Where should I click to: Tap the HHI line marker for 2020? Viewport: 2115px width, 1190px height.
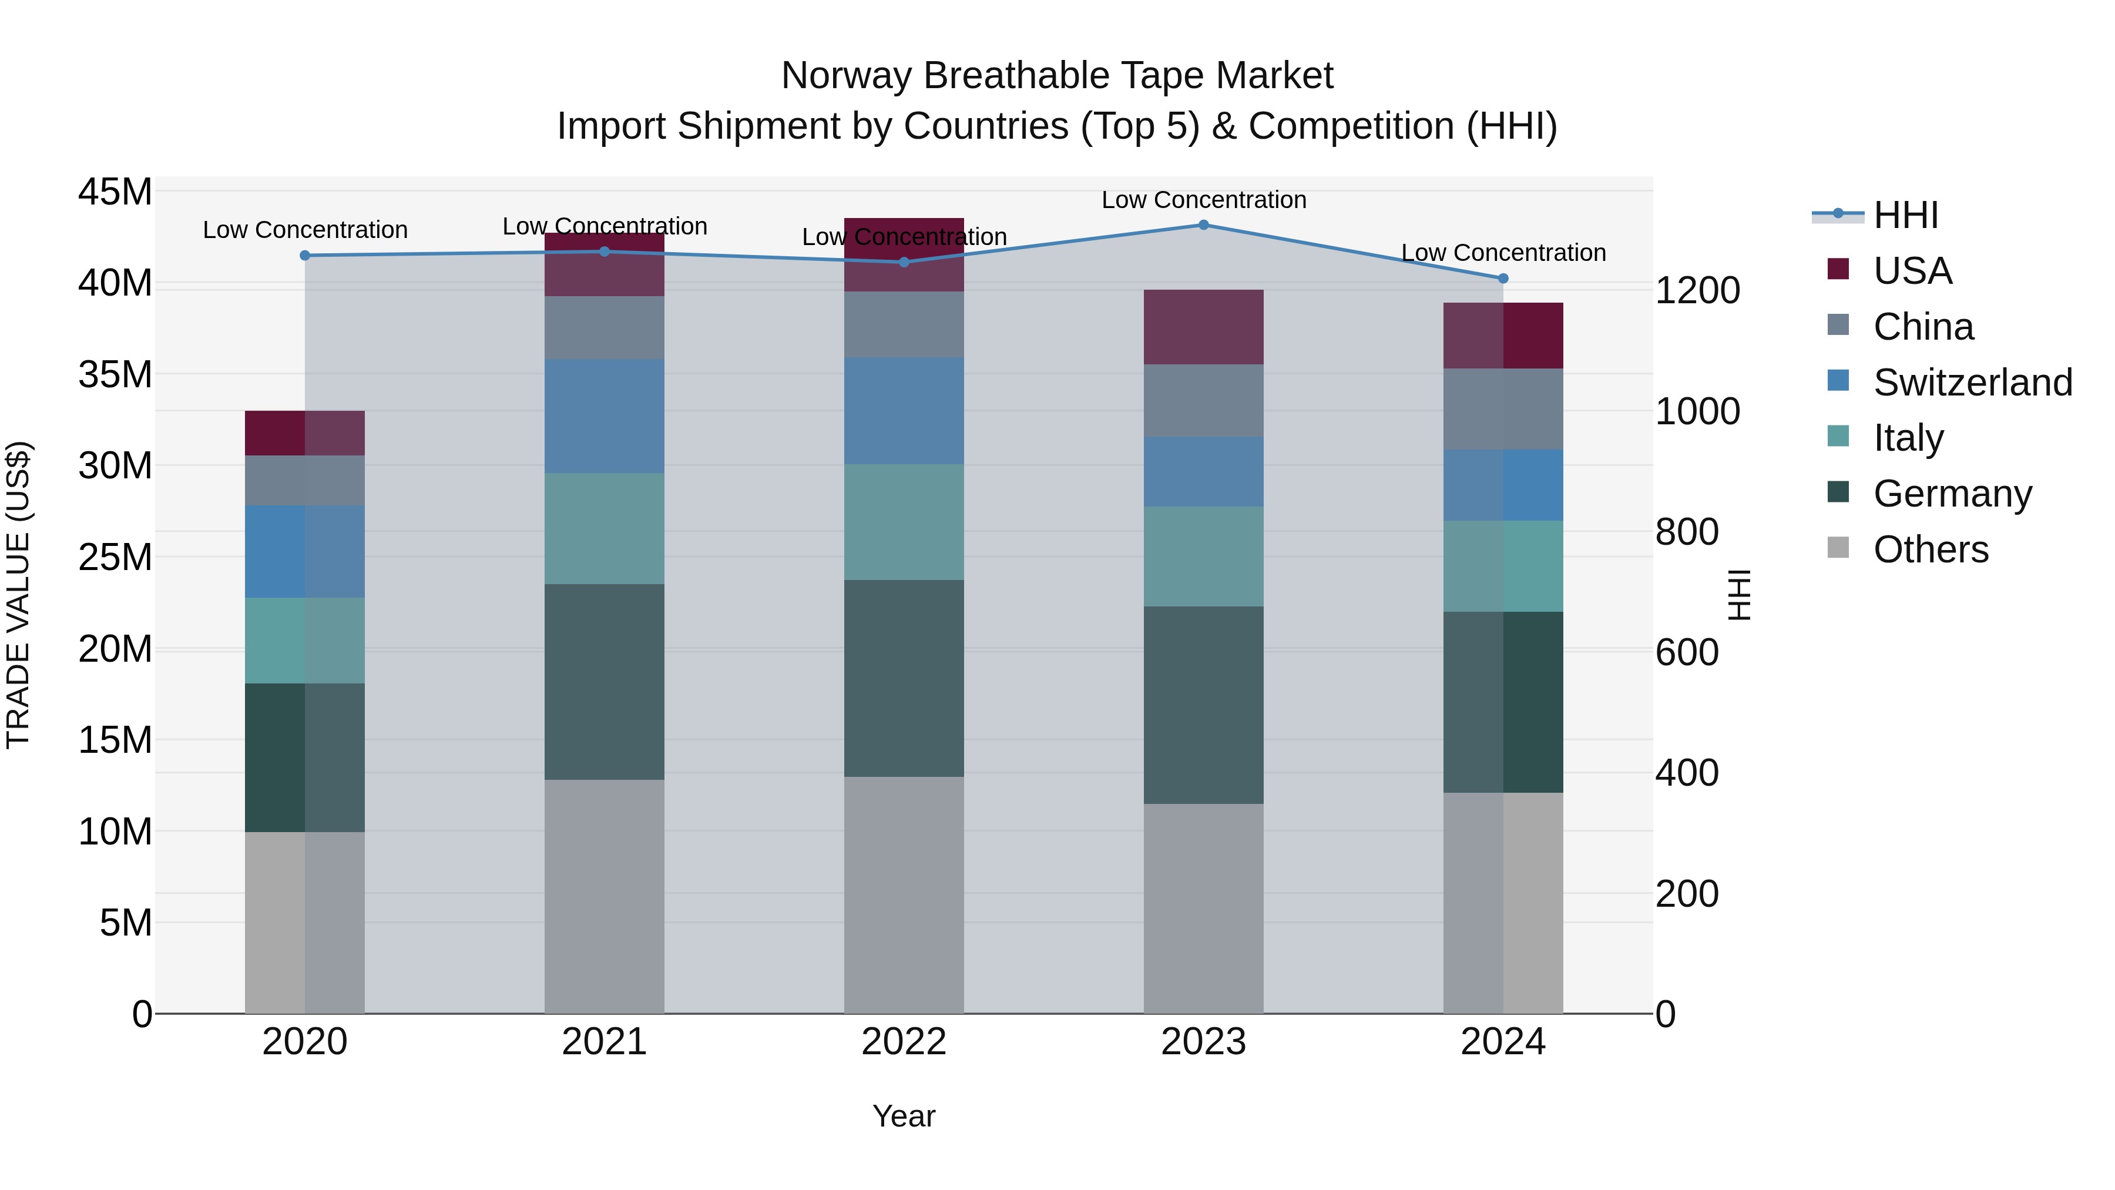point(304,256)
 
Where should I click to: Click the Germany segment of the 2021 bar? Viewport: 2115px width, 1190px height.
point(605,682)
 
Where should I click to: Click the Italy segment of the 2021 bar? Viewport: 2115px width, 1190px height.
point(605,528)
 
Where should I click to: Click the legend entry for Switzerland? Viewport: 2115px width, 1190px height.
point(1972,383)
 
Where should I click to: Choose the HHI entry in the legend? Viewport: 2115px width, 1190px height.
point(1905,215)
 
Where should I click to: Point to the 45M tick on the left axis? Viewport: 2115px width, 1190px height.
point(115,192)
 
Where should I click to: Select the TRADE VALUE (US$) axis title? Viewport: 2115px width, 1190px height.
point(18,595)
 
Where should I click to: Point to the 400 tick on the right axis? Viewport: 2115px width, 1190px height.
point(1686,773)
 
